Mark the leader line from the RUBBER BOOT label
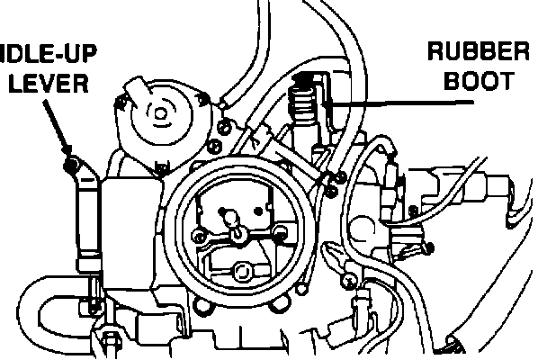(396, 104)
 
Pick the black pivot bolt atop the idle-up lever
(69, 166)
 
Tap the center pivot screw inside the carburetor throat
(239, 233)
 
